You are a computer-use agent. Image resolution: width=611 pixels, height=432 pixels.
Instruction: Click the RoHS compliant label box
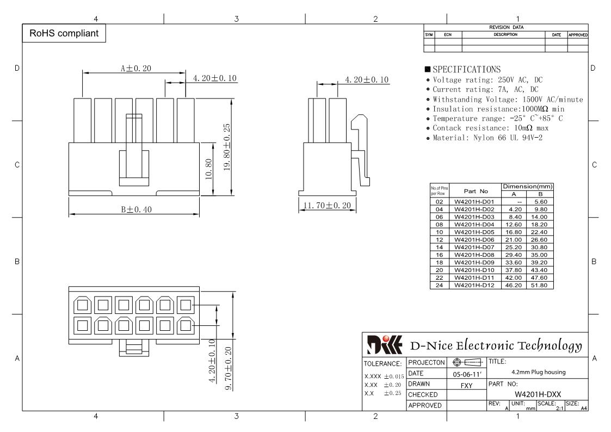[x=64, y=33]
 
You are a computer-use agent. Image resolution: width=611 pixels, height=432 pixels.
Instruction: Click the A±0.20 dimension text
[x=135, y=68]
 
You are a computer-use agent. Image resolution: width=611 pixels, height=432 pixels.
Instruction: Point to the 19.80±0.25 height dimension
[x=227, y=147]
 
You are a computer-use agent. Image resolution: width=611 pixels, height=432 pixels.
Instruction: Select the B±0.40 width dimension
[x=136, y=209]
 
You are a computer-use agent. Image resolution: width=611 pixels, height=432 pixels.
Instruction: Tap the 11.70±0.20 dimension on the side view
[x=327, y=205]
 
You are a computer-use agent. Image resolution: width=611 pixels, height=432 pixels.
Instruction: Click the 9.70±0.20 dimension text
[x=229, y=368]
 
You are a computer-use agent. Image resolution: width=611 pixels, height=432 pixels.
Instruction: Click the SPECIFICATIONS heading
[x=466, y=69]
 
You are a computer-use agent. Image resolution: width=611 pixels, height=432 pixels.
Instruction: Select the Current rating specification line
[x=485, y=89]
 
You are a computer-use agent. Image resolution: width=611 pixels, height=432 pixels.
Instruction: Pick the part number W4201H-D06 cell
[x=474, y=239]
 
